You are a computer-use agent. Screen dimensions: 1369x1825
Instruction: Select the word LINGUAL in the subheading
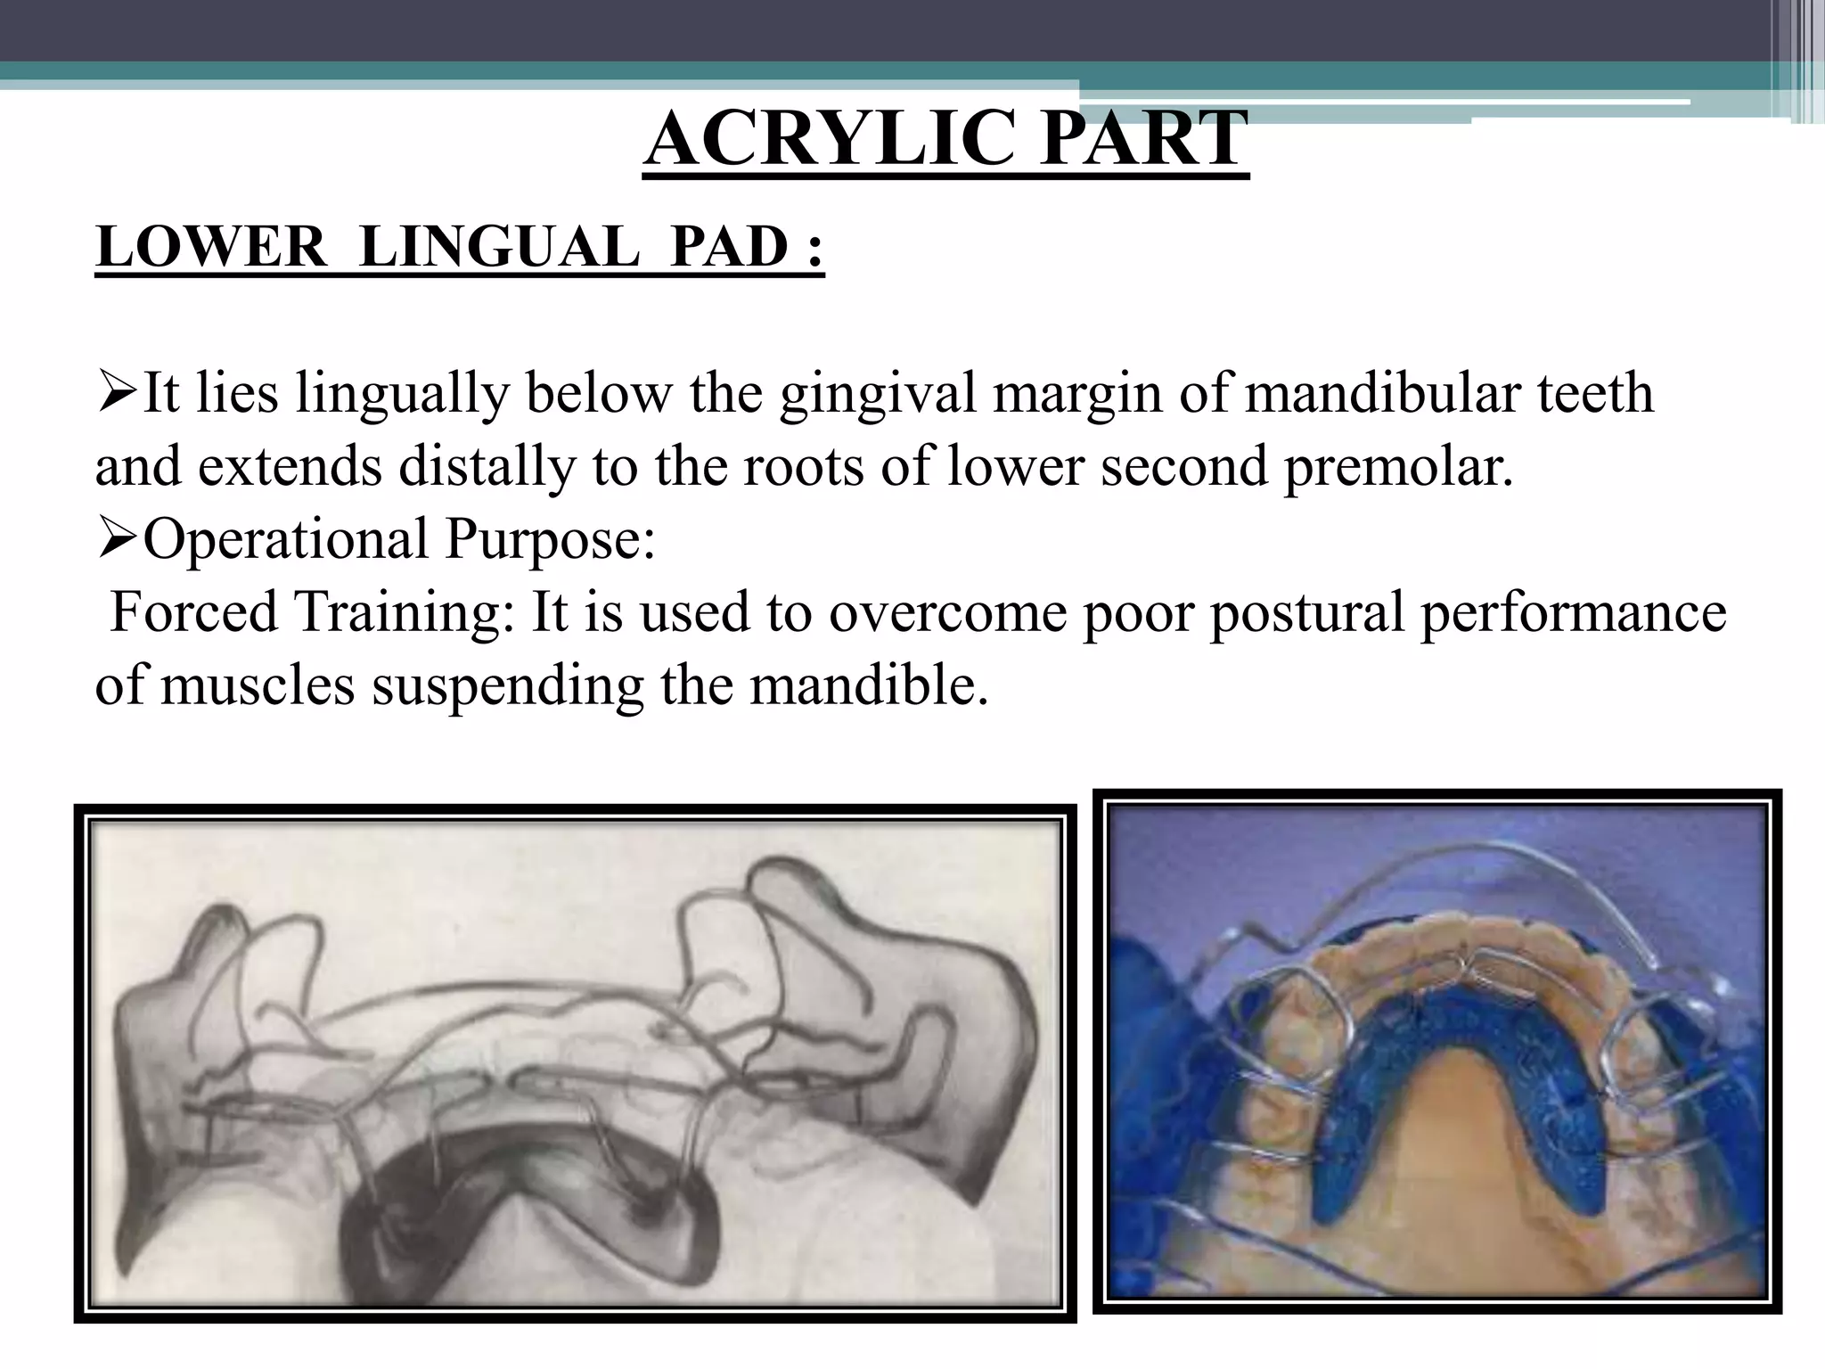point(499,247)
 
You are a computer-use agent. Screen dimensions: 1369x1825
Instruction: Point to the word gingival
point(878,393)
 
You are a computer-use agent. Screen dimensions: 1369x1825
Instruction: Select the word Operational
point(286,539)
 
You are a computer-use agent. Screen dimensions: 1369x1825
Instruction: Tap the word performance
point(1573,612)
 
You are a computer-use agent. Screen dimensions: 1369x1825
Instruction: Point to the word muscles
point(258,685)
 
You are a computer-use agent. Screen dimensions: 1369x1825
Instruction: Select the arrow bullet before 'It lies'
point(116,393)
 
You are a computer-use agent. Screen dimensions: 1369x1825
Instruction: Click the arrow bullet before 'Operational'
point(116,539)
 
